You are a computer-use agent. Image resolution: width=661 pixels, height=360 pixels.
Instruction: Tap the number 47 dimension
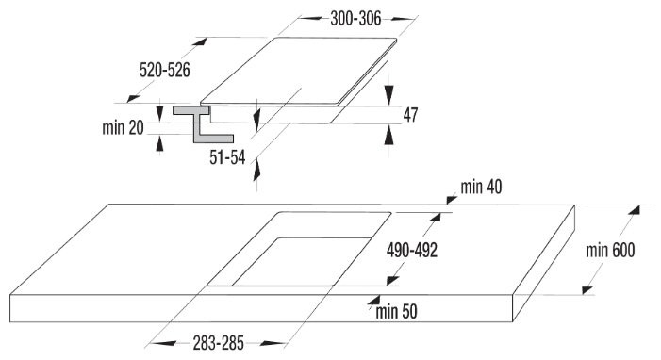click(410, 114)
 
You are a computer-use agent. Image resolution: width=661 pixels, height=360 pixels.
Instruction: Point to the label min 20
click(124, 127)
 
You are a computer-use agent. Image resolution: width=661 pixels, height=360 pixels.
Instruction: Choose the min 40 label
click(481, 188)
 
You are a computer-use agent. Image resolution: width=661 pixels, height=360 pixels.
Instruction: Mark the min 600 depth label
click(609, 251)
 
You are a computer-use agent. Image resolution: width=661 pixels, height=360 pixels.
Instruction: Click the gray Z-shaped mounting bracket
click(195, 123)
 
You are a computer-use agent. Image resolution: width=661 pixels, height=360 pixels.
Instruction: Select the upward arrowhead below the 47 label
click(389, 134)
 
